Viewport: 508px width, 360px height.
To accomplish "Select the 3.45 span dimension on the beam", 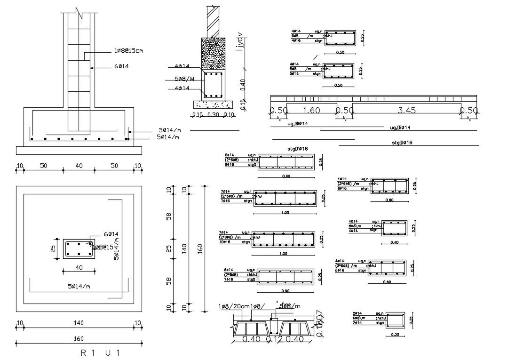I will [406, 111].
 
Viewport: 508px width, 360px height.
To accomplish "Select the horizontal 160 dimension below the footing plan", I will [79, 339].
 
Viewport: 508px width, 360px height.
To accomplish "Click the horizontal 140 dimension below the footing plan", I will [79, 323].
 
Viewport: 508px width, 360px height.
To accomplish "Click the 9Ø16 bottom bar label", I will [230, 165].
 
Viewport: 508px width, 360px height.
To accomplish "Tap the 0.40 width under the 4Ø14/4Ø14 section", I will [394, 242].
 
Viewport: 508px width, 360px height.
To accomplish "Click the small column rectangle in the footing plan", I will [79, 248].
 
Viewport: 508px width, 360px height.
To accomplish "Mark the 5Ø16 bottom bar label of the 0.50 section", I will [295, 73].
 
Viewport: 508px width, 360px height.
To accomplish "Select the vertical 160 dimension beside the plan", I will [200, 248].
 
